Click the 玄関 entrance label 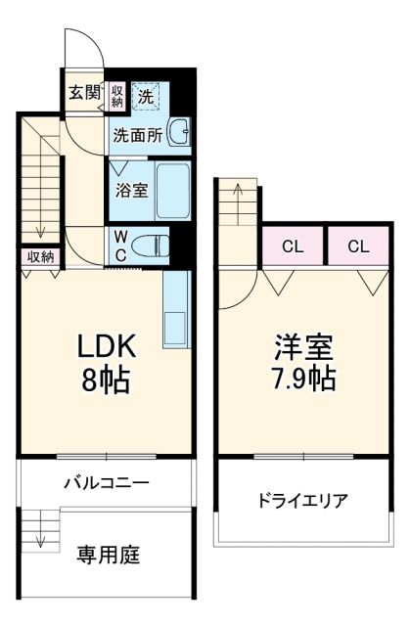[x=84, y=93]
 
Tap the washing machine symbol [x=146, y=96]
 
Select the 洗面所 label [x=137, y=135]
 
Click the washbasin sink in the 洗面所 [x=178, y=131]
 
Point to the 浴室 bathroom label [x=132, y=190]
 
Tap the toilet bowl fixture [x=150, y=245]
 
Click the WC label [x=118, y=245]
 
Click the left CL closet [x=293, y=246]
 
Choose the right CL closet [x=358, y=246]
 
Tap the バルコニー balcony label [x=107, y=482]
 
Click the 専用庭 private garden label [x=109, y=556]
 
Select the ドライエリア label [x=302, y=502]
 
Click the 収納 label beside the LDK [x=40, y=256]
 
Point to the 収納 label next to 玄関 [x=116, y=94]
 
